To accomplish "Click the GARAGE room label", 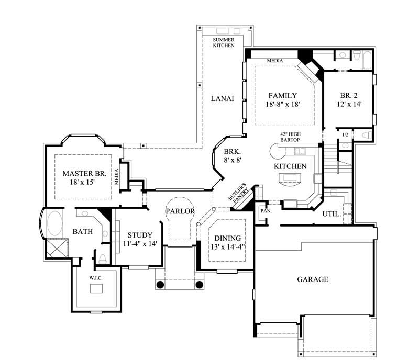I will pyautogui.click(x=313, y=279).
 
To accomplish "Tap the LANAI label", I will pyautogui.click(x=222, y=98).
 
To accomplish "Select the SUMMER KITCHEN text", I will pyautogui.click(x=224, y=43).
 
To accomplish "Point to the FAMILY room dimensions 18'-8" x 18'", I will pyautogui.click(x=283, y=104).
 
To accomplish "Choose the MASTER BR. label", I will pyautogui.click(x=84, y=173).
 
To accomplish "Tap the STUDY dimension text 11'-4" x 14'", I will pyautogui.click(x=139, y=244).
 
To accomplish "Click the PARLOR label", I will pyautogui.click(x=180, y=211).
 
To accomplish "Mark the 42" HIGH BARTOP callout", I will pyautogui.click(x=290, y=138).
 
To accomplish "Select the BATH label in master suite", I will pyautogui.click(x=83, y=231).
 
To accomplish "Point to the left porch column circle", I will pyautogui.click(x=160, y=285).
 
